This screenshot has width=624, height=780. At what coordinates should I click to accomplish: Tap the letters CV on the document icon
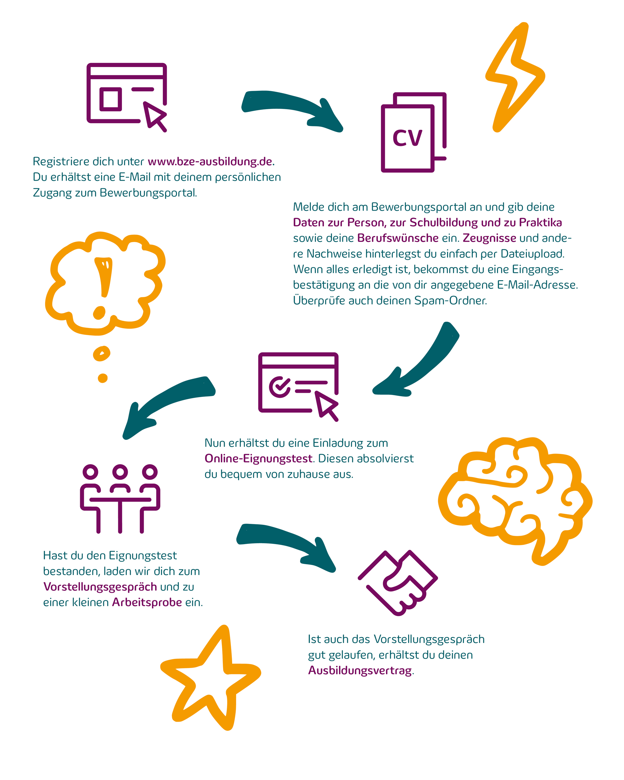click(407, 138)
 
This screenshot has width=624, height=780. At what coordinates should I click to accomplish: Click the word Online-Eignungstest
click(258, 458)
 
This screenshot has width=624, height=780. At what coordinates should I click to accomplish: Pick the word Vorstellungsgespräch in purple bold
click(100, 587)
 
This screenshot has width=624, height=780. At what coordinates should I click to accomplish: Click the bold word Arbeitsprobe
click(147, 602)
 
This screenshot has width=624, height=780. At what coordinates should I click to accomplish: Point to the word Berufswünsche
click(398, 238)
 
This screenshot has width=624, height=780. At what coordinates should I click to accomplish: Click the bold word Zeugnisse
click(490, 238)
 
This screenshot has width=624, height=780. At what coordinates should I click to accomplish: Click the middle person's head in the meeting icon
click(120, 472)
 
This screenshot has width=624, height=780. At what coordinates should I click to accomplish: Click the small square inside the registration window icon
click(111, 99)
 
